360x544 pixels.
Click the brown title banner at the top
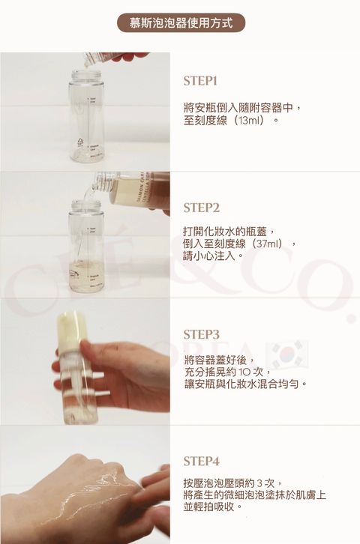181,23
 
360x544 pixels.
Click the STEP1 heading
200,81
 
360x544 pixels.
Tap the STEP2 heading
201,208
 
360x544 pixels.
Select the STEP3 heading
201,334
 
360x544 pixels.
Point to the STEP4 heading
201,462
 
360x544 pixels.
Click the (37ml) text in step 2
267,244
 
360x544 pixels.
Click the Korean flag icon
289,354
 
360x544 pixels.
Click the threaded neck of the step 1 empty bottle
86,75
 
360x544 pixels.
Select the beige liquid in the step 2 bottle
86,276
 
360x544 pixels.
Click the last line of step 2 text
212,256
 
